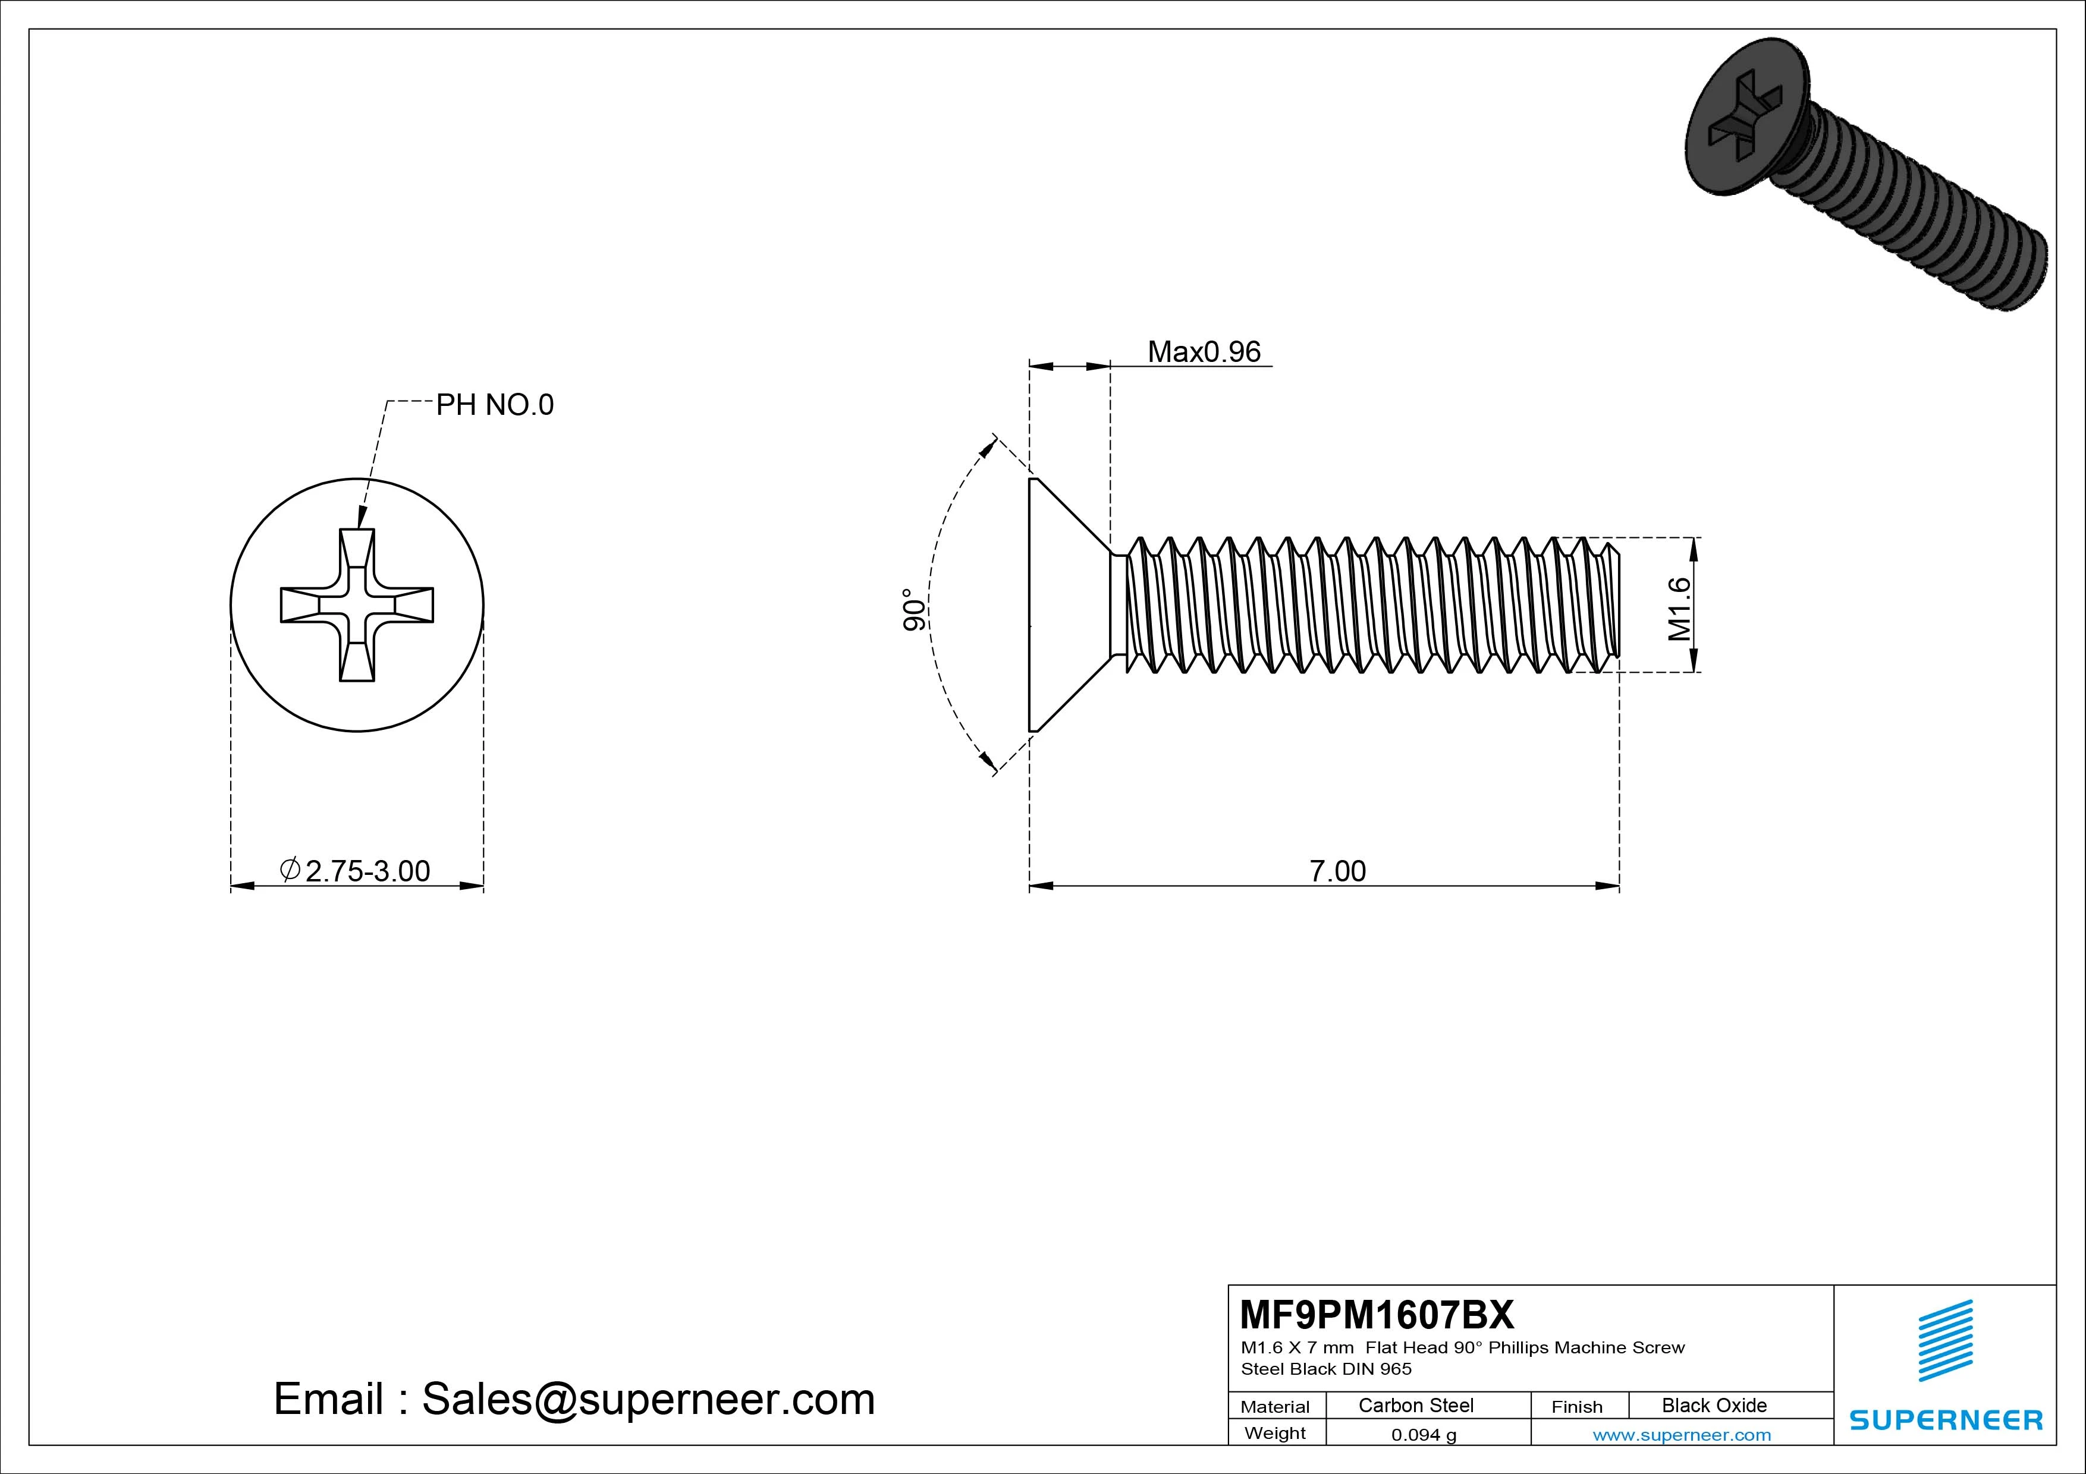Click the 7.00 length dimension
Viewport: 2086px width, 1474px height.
coord(1337,871)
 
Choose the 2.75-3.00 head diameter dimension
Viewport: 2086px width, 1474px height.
coord(366,871)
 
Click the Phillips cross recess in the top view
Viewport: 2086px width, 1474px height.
coord(357,605)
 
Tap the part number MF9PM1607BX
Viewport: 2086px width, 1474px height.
coord(1377,1314)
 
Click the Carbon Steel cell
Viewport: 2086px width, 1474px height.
coord(1415,1405)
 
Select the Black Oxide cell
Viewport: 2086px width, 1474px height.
coord(1714,1405)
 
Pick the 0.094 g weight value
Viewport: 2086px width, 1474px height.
coord(1424,1435)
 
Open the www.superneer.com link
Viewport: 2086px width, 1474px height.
coord(1682,1435)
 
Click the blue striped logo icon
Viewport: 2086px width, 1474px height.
coord(1945,1340)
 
